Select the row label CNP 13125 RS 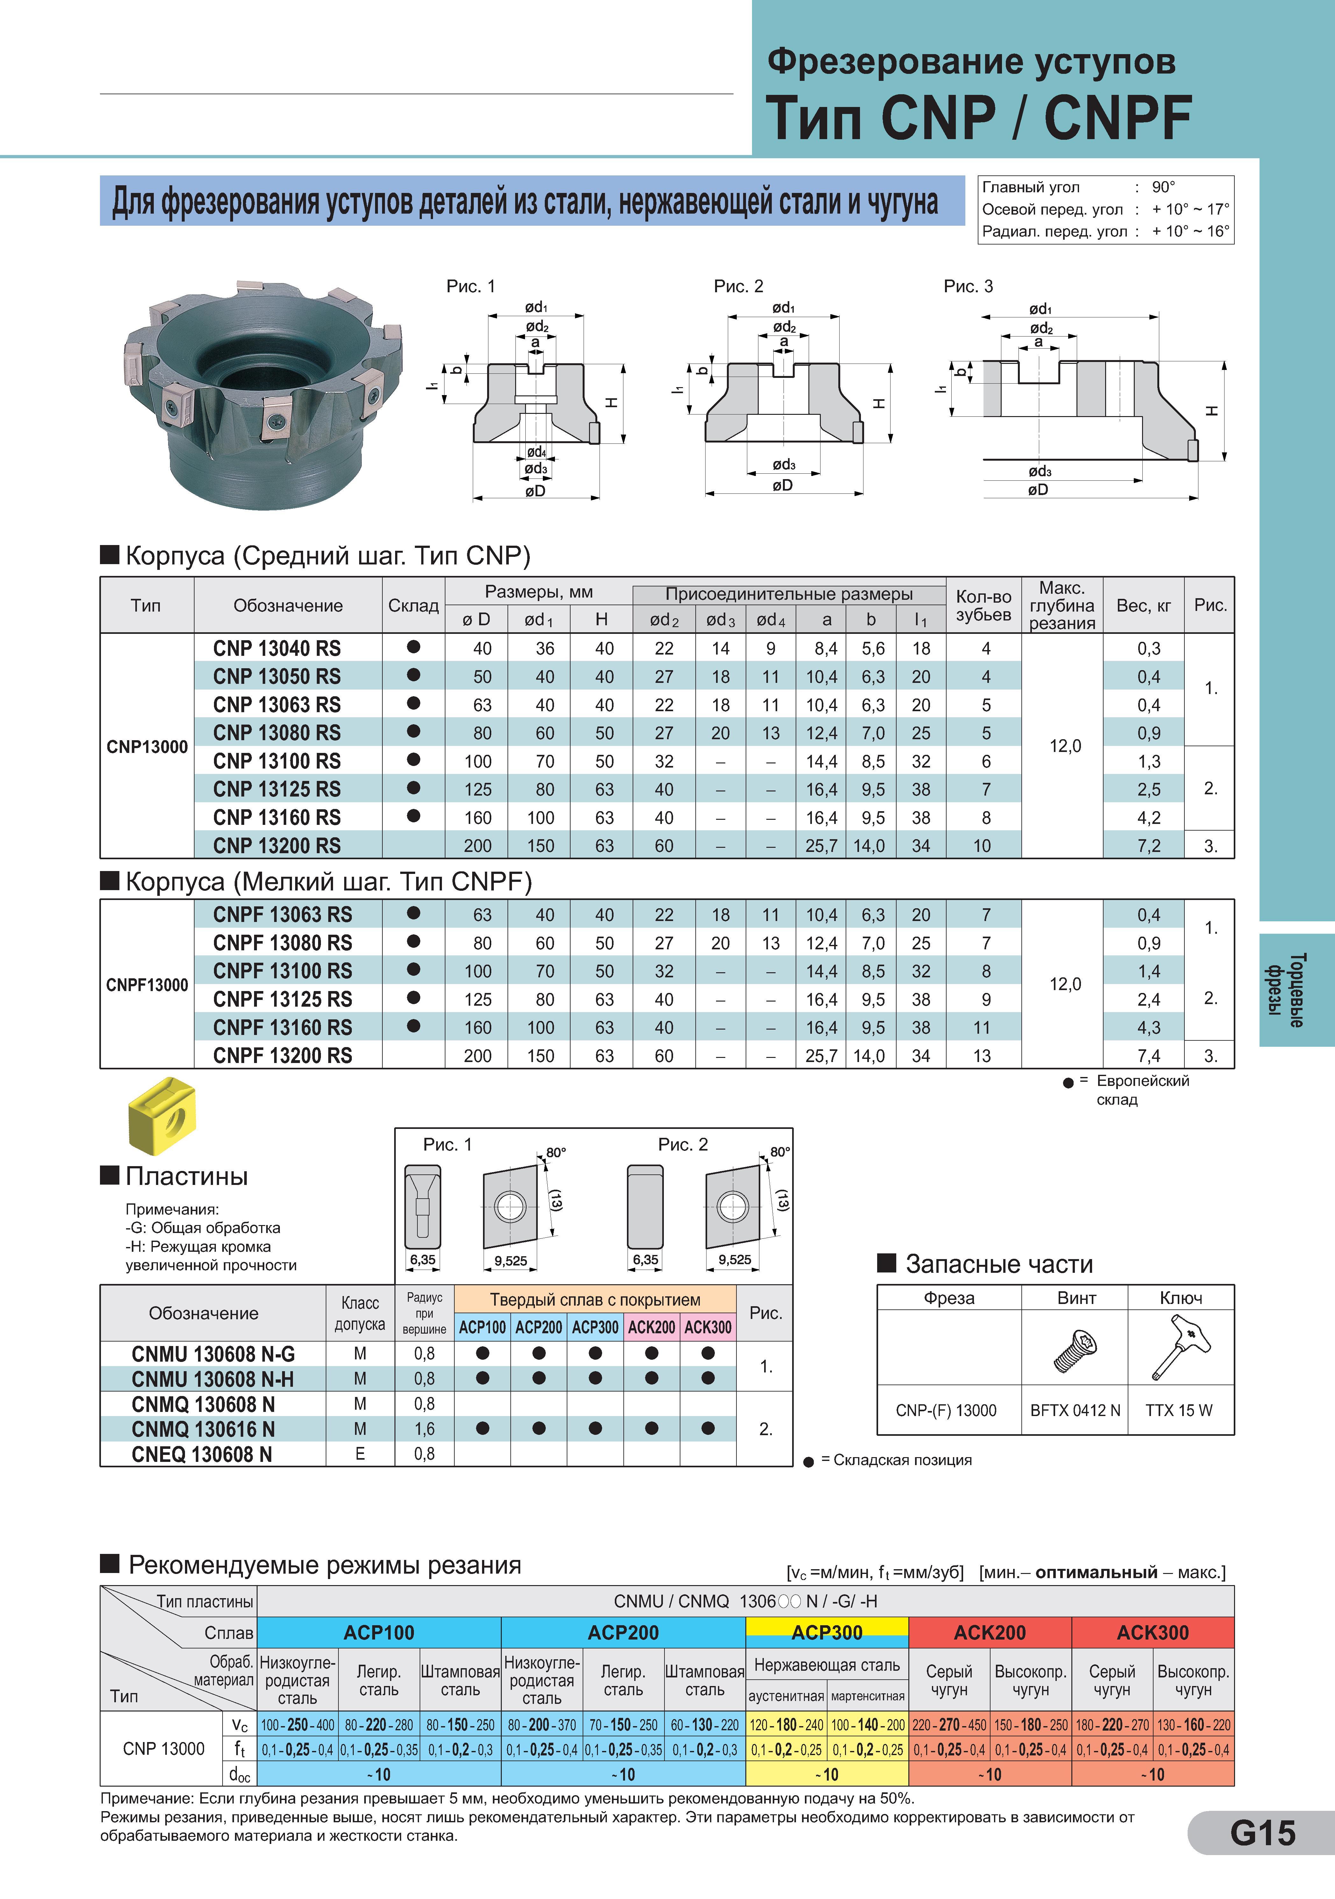click(x=277, y=789)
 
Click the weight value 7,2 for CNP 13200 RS click(x=1149, y=845)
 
